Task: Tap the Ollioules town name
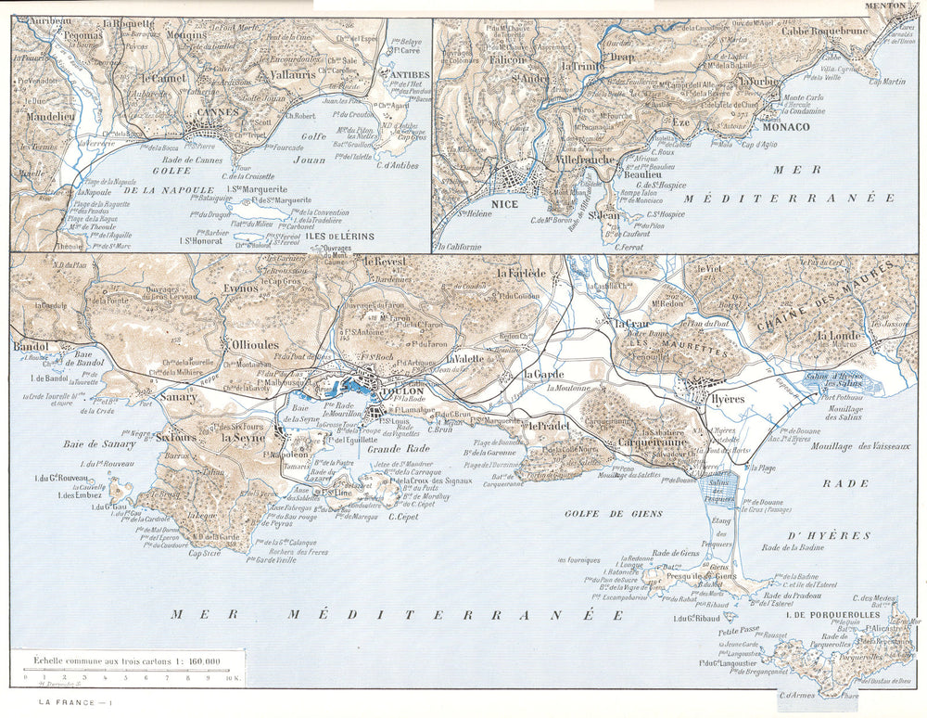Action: click(x=254, y=345)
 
